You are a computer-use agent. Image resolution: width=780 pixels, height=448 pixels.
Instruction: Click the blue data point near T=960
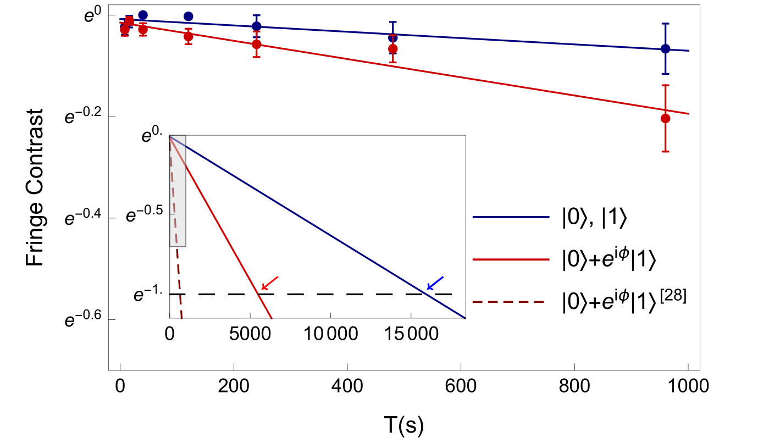(666, 49)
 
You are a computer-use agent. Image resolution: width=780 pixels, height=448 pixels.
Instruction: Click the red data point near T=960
(666, 118)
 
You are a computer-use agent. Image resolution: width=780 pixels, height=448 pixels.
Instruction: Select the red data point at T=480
(392, 49)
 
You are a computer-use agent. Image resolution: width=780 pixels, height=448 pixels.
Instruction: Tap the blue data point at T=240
(256, 26)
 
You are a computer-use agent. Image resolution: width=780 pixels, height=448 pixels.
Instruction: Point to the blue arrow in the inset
(435, 283)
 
